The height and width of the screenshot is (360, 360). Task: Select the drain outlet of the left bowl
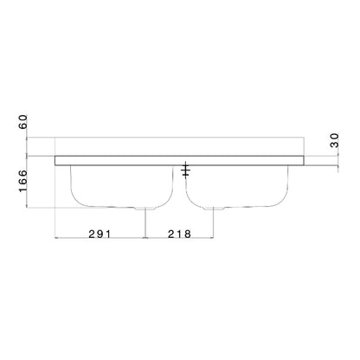pos(145,209)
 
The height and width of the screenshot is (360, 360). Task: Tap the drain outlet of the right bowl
pos(215,209)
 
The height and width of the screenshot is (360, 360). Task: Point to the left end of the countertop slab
pos(56,160)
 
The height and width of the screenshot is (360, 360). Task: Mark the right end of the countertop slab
pos(304,160)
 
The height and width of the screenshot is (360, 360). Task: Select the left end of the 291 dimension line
pos(55,238)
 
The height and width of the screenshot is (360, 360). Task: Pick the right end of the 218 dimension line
pos(215,238)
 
